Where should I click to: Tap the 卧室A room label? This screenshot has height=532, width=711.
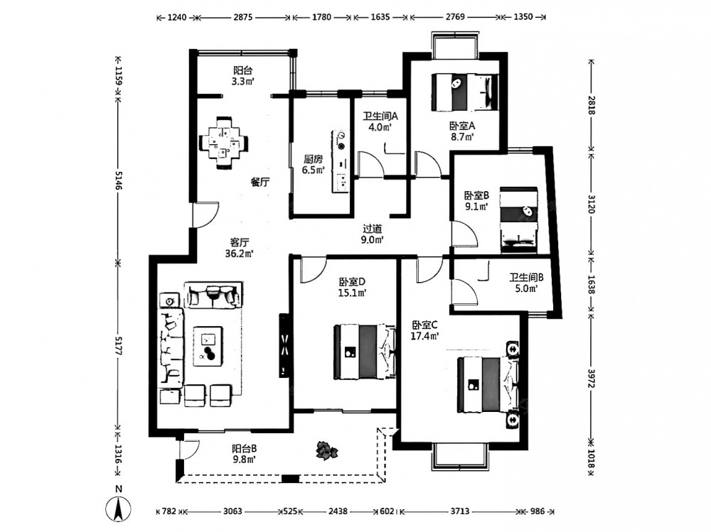pyautogui.click(x=461, y=126)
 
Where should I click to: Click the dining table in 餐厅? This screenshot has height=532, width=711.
pyautogui.click(x=225, y=140)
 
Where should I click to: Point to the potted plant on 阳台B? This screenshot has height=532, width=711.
pyautogui.click(x=327, y=449)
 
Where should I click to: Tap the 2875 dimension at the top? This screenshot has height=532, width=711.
pyautogui.click(x=244, y=17)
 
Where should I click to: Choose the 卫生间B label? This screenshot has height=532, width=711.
pyautogui.click(x=526, y=278)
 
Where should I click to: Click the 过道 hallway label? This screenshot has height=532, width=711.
pyautogui.click(x=373, y=229)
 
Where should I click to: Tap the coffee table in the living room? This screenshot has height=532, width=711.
pyautogui.click(x=209, y=347)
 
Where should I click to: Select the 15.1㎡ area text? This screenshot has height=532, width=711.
pyautogui.click(x=353, y=293)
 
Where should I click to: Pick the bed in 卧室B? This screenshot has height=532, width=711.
pyautogui.click(x=518, y=219)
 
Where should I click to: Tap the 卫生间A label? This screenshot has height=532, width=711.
pyautogui.click(x=380, y=116)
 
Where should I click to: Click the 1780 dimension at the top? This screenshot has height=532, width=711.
pyautogui.click(x=321, y=17)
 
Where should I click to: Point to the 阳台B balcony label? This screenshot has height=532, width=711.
pyautogui.click(x=244, y=448)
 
